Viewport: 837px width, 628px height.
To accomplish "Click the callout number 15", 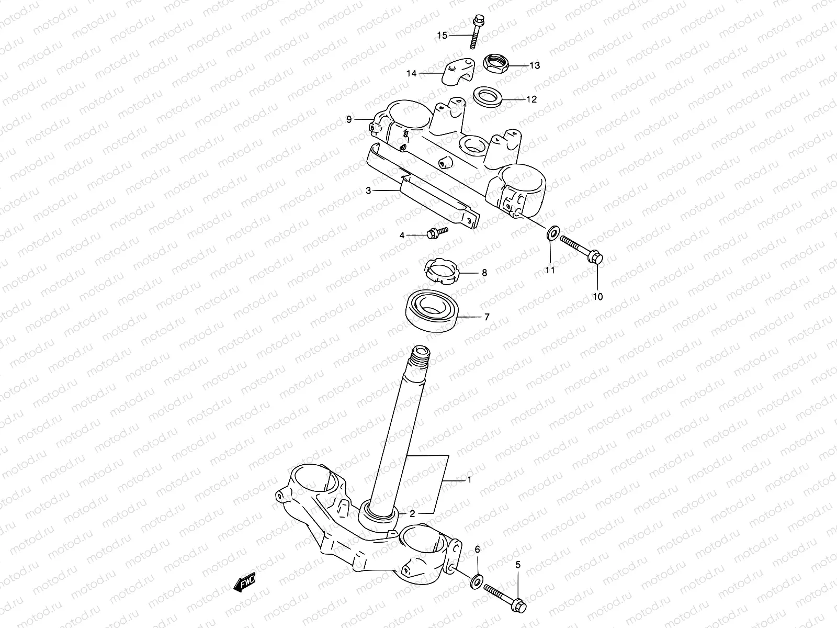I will click(443, 36).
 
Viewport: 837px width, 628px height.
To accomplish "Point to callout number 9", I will click(364, 120).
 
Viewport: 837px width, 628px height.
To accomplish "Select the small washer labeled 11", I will click(551, 232).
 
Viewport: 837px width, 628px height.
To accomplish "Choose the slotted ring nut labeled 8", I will click(440, 271).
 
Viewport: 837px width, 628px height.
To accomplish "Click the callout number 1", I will click(469, 479).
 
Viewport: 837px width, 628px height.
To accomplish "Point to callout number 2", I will click(412, 514).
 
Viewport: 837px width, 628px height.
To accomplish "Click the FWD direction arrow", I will click(245, 582).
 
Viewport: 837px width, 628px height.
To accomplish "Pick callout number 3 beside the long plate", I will click(368, 191).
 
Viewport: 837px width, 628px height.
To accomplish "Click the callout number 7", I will click(487, 317).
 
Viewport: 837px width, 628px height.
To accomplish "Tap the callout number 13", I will click(535, 66).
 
